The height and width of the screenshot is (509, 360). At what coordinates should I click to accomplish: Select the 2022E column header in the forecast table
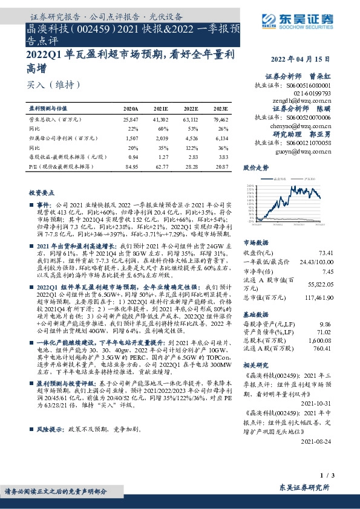click(190, 109)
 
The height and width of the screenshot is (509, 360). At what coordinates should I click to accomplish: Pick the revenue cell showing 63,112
click(190, 121)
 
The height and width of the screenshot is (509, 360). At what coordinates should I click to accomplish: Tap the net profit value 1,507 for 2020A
click(131, 138)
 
